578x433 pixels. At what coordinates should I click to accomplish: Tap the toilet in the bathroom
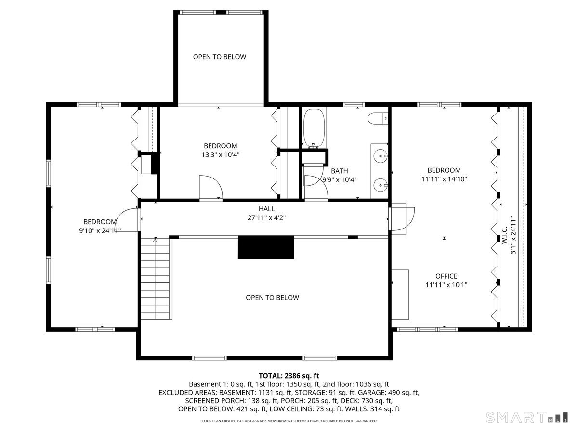pos(378,118)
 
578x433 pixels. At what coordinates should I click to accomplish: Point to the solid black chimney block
pos(265,247)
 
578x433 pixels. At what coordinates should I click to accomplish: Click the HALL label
pos(266,209)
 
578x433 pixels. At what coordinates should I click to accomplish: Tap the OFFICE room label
pos(446,276)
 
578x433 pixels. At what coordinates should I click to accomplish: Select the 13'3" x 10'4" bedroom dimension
pos(220,155)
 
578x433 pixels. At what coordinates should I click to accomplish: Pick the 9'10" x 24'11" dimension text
pos(100,230)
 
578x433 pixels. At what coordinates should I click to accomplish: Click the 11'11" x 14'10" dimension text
pos(444,179)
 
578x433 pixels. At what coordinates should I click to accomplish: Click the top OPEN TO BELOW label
pos(219,57)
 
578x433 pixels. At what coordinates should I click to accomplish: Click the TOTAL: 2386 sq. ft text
pos(289,375)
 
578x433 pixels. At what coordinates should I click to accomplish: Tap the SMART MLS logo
pos(525,417)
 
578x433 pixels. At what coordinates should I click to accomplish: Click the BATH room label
pos(339,171)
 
